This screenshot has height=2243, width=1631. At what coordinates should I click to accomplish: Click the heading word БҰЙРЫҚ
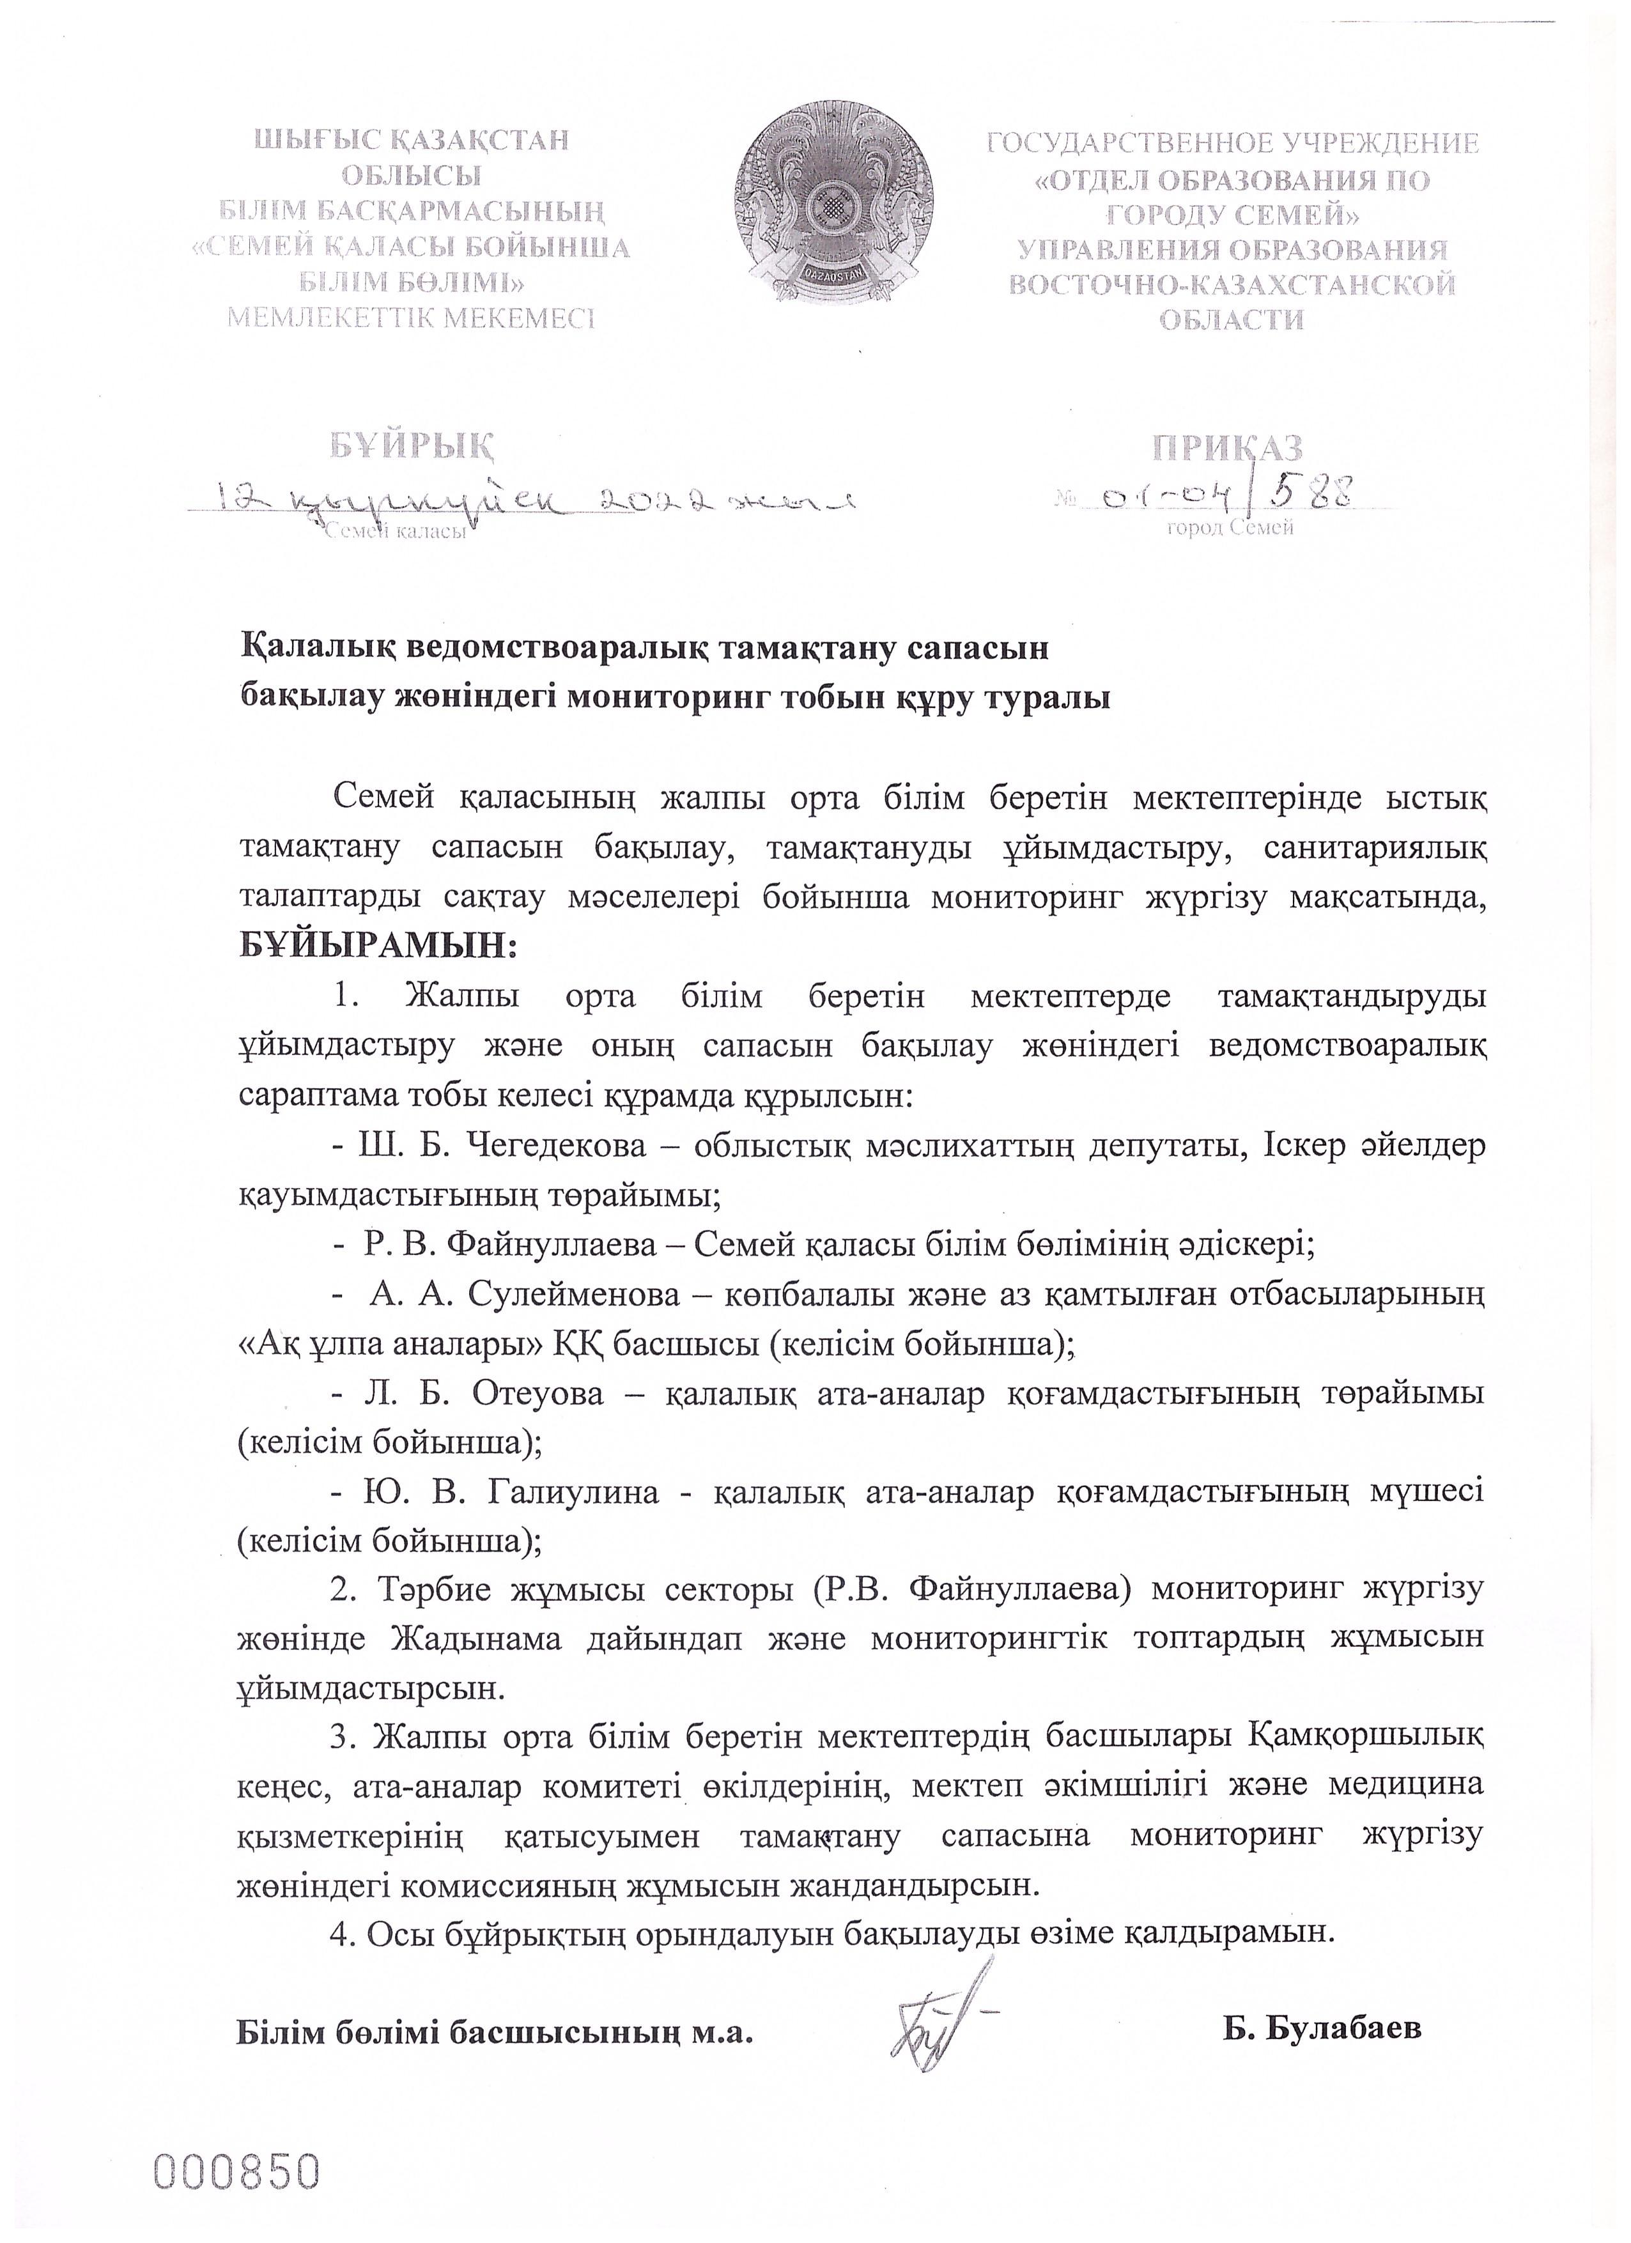tap(412, 447)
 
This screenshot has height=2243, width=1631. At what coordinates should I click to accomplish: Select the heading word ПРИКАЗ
tap(1226, 448)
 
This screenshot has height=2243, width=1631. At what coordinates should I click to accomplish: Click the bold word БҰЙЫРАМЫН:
tap(379, 946)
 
